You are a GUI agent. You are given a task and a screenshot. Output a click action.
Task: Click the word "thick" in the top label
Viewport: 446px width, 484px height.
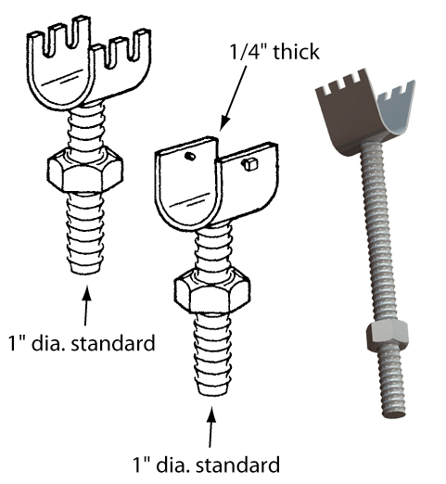(296, 52)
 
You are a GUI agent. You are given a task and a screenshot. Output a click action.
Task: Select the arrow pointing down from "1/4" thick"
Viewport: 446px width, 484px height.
(234, 99)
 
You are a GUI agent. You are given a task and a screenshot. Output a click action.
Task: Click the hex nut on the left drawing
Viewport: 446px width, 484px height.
(85, 170)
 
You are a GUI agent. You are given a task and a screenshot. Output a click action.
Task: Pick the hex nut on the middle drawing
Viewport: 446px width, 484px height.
(212, 290)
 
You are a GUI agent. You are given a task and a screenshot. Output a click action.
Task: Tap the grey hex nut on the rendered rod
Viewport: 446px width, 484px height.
(387, 337)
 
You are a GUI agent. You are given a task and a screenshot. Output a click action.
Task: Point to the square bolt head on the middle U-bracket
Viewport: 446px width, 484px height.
(249, 164)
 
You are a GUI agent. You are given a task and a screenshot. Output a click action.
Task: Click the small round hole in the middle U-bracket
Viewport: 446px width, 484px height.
(190, 157)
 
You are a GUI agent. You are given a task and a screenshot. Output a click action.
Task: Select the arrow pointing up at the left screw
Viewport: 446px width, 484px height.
(86, 306)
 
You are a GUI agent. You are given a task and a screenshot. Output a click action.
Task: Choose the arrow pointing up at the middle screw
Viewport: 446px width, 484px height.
(210, 427)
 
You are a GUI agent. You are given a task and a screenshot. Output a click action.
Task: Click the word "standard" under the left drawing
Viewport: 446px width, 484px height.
(113, 343)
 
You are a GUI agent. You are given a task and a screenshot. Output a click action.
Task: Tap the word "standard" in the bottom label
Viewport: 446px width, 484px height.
(238, 465)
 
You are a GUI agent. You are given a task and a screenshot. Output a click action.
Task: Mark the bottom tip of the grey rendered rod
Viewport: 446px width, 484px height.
(394, 415)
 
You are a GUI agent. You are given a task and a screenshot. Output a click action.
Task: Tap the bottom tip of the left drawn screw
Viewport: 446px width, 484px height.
(85, 274)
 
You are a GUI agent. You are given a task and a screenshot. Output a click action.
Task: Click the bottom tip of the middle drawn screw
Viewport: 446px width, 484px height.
(212, 395)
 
